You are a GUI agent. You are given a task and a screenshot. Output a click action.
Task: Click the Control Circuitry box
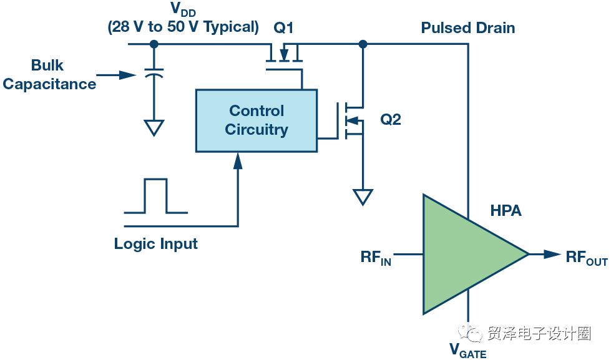pyautogui.click(x=256, y=120)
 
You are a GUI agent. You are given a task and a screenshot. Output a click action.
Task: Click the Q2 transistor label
pyautogui.click(x=390, y=120)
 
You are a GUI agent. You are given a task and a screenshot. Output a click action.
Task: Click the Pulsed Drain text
pyautogui.click(x=467, y=28)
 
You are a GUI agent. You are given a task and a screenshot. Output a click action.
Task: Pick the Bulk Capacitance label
pyautogui.click(x=49, y=74)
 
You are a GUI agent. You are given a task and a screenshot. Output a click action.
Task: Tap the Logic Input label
pyautogui.click(x=155, y=244)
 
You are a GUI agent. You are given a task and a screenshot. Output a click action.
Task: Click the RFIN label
pyautogui.click(x=376, y=257)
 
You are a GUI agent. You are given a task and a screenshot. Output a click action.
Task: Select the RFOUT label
pyautogui.click(x=586, y=257)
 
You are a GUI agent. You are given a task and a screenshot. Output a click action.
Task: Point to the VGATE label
pyautogui.click(x=467, y=350)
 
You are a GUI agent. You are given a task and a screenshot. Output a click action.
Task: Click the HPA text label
pyautogui.click(x=506, y=211)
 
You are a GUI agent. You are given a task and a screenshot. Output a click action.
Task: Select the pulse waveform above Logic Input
pyautogui.click(x=155, y=197)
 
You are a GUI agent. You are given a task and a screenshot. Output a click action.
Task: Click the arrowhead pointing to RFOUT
pyautogui.click(x=552, y=254)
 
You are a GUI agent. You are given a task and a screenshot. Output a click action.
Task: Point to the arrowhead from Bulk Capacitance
pyautogui.click(x=127, y=75)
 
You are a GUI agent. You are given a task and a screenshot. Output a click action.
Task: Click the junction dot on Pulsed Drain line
pyautogui.click(x=363, y=44)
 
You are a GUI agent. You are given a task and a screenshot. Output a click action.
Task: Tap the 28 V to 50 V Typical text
pyautogui.click(x=183, y=27)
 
